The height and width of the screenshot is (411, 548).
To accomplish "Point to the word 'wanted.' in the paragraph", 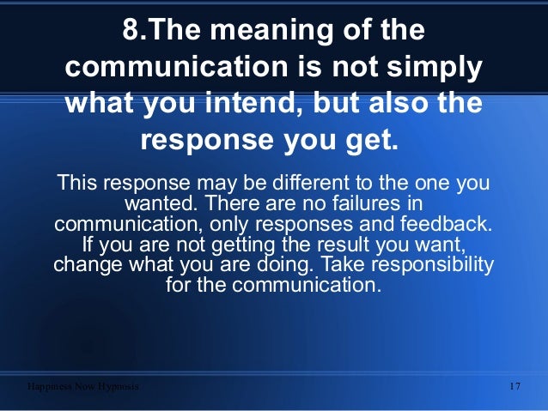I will [x=159, y=204].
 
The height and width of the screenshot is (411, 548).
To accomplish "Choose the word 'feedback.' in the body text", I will [x=447, y=225].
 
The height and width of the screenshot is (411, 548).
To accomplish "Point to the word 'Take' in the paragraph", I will [x=331, y=265].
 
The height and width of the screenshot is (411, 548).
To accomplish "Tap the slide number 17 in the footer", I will [x=515, y=386].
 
